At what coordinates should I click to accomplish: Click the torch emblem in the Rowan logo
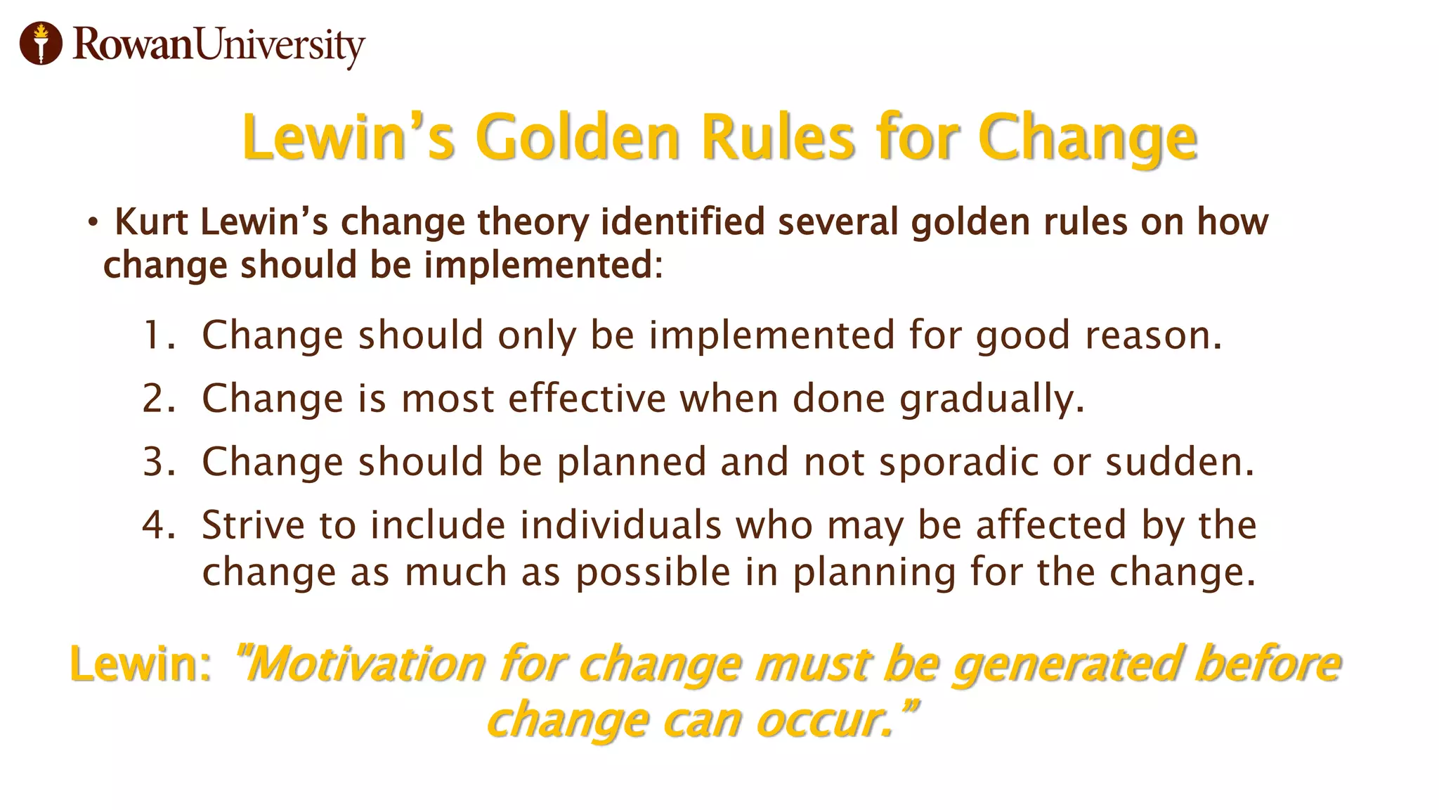(x=41, y=44)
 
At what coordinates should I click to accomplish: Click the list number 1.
(x=156, y=335)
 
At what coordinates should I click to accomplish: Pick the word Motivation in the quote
(x=365, y=664)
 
